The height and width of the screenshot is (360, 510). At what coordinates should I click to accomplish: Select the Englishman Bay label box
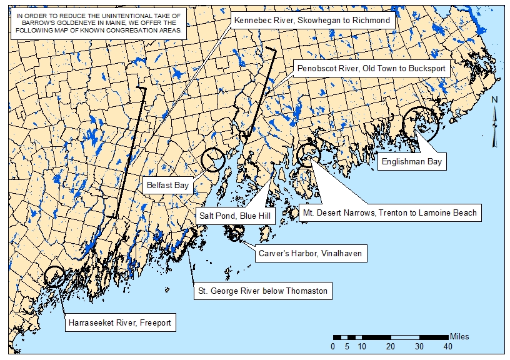tap(411, 162)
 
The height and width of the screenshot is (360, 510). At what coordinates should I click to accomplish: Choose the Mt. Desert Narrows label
tap(389, 212)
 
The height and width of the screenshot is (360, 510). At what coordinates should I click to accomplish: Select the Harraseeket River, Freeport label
tap(119, 323)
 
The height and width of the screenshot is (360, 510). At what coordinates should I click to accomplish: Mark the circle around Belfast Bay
tap(213, 160)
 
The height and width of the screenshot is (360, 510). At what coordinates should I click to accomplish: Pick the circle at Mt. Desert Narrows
tap(308, 154)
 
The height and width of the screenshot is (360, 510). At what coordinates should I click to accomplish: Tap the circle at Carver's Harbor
tap(236, 234)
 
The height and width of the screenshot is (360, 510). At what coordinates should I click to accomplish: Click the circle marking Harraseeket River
tap(55, 276)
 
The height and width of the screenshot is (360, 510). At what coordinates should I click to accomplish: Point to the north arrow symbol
tap(494, 122)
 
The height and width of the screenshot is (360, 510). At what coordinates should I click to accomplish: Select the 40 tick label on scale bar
tap(447, 346)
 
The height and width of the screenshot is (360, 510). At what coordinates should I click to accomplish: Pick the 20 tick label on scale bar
tap(390, 346)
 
